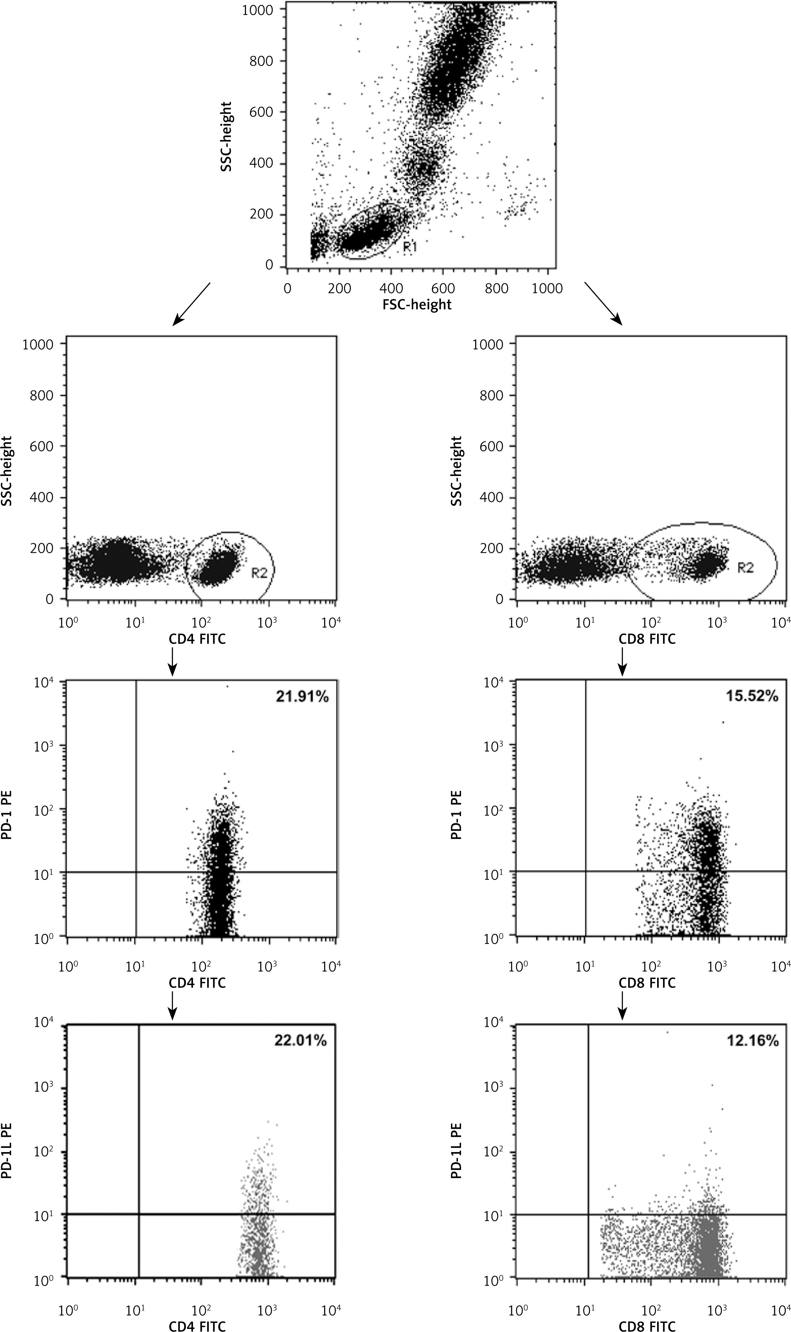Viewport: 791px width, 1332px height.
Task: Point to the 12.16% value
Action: coord(751,1040)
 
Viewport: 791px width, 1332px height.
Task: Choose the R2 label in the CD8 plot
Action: coord(745,568)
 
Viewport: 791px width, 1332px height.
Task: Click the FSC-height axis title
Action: coord(417,304)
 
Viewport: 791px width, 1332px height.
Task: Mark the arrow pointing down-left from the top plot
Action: coord(191,304)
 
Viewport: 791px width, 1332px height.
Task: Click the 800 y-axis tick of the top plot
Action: coord(261,61)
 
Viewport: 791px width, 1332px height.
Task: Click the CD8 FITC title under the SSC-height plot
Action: coord(646,638)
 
